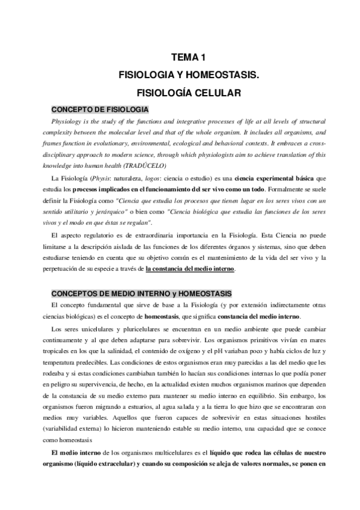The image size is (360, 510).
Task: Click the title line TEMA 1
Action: pos(188,58)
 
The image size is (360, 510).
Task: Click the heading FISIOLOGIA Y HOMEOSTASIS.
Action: pos(188,76)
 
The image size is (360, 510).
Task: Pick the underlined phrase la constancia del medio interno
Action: pos(191,269)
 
